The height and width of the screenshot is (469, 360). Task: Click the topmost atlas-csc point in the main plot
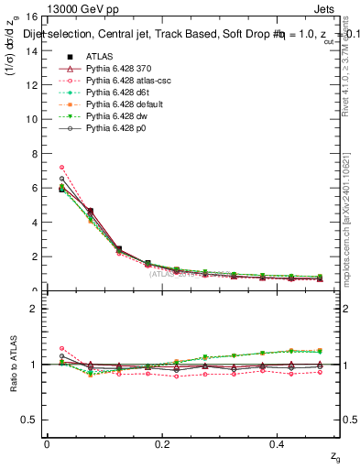[x=61, y=168]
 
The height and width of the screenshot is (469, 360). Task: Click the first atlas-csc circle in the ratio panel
[x=61, y=348]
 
